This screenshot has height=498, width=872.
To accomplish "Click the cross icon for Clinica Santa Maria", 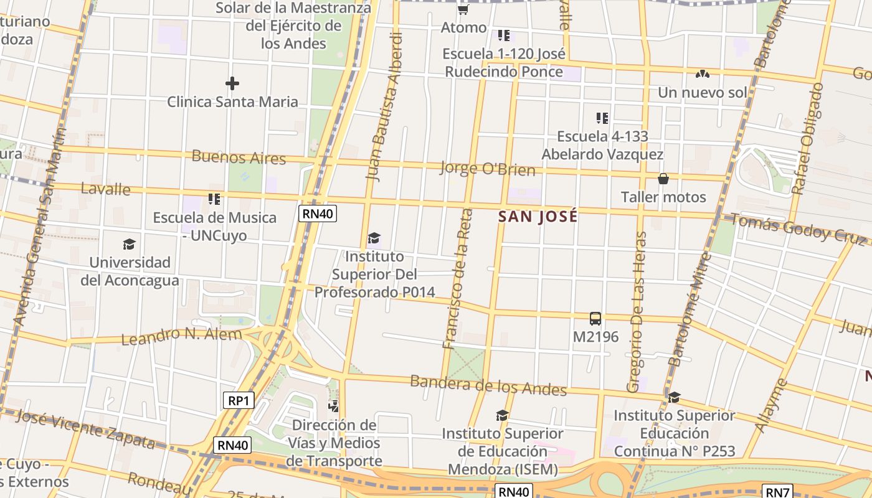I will point(232,83).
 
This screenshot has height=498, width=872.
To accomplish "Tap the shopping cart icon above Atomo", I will point(463,10).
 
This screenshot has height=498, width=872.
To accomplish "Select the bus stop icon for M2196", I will point(595,319).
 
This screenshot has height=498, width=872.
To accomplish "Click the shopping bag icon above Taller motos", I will point(663,179).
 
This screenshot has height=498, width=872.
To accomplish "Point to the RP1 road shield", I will point(239,400).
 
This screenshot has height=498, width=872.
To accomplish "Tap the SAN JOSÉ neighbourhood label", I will point(538,217).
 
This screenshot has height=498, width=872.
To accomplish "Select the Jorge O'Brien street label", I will point(487,168).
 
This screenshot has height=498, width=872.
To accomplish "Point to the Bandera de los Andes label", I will point(488,385).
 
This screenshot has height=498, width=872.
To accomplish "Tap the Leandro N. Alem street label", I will point(181,336).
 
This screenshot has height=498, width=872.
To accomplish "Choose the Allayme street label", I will point(771,405).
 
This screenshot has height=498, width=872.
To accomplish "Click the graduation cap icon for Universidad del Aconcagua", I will point(130,244).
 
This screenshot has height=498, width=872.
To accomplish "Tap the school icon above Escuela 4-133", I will point(602,118).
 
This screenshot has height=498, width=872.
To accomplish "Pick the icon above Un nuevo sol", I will point(703,74).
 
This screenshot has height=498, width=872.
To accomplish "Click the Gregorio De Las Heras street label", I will point(638,312).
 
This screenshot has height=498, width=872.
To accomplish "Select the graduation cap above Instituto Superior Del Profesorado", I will point(374,238).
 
